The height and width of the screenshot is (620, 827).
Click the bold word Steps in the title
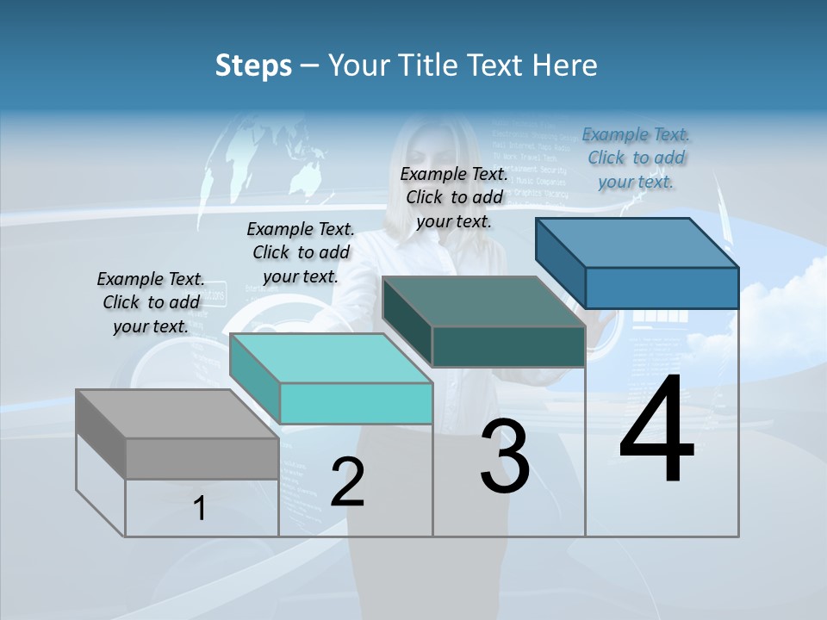click(x=253, y=65)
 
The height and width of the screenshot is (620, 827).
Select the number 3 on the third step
click(x=505, y=456)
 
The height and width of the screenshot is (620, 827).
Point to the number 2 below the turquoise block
click(x=347, y=483)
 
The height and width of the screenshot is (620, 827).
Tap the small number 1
click(x=200, y=509)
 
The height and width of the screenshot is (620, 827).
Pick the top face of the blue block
click(x=637, y=243)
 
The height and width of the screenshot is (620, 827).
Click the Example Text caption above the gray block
click(x=151, y=302)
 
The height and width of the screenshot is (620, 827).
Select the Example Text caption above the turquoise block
click(x=301, y=252)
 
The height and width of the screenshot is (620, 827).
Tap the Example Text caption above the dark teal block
click(x=454, y=197)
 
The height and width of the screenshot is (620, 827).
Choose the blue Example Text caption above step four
click(x=636, y=158)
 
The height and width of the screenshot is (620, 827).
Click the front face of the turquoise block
click(x=356, y=403)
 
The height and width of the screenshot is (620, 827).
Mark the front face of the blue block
click(x=662, y=288)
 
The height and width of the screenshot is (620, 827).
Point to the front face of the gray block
click(x=202, y=458)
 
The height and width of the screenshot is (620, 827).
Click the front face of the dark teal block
click(x=508, y=347)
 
